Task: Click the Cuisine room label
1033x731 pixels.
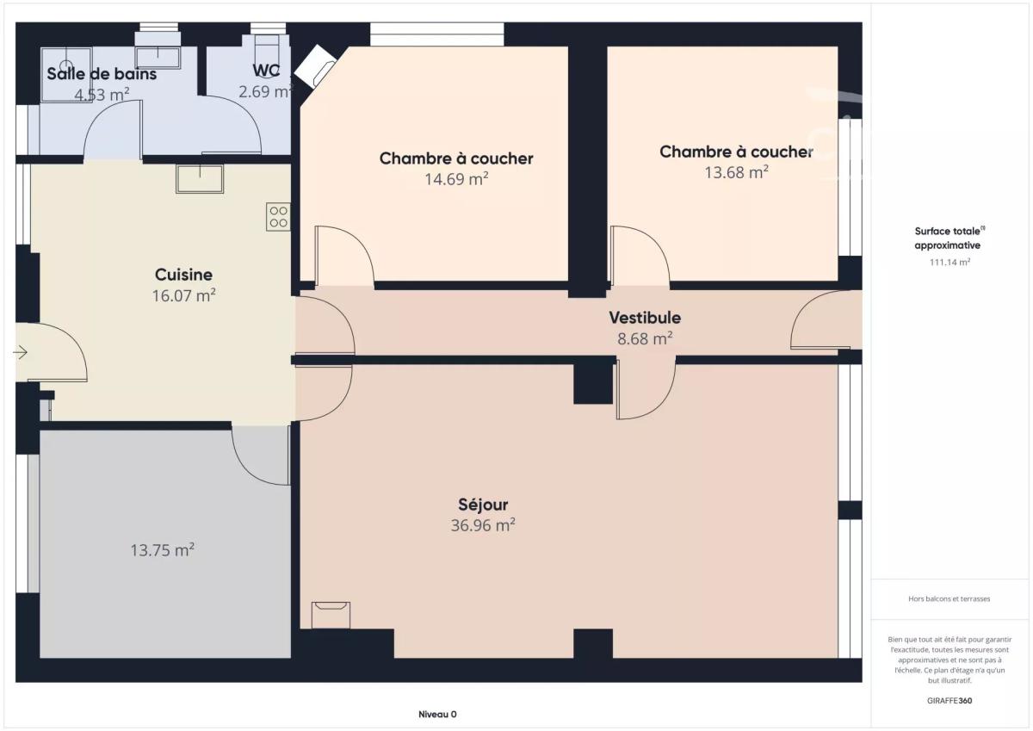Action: coord(183,275)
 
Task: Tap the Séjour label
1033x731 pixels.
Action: coord(483,505)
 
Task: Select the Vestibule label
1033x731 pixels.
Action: coord(645,318)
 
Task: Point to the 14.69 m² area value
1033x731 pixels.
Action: coord(456,179)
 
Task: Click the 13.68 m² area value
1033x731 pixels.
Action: coord(736,172)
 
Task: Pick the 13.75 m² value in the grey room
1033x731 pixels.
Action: coord(162,550)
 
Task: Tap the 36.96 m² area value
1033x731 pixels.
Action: coord(483,525)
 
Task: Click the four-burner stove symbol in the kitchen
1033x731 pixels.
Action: coord(278,217)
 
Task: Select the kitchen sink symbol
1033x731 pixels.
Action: coord(200,179)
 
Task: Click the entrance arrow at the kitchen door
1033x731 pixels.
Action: coord(20,353)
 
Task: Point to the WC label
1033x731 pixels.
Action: coord(266,71)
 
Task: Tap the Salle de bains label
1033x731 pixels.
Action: coord(102,74)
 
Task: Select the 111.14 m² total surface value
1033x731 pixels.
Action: coord(949,262)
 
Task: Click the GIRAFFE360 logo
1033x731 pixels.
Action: coord(949,701)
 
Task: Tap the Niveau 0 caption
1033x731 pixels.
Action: coord(437,715)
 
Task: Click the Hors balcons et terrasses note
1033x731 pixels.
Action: coord(949,598)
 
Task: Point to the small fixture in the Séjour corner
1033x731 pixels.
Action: coord(331,616)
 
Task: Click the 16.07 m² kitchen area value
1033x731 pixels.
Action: coord(183,295)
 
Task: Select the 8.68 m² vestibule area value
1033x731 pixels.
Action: coord(645,338)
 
